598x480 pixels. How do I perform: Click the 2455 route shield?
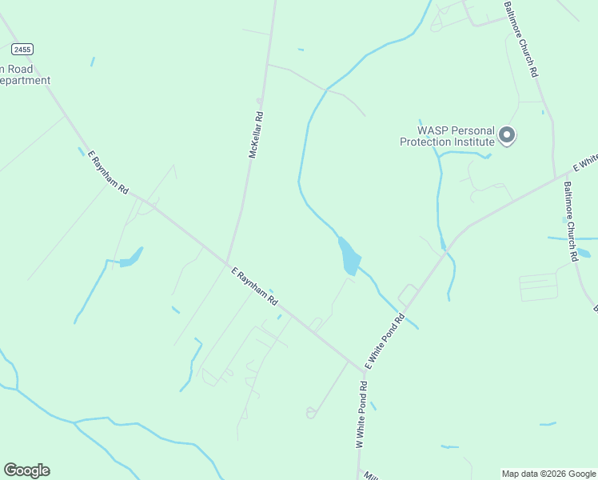23,50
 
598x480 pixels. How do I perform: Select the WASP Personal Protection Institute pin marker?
507,136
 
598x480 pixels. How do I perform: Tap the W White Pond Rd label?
362,414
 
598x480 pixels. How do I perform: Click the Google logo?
26,470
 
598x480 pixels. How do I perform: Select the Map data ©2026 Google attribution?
548,474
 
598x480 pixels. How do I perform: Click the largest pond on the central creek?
349,258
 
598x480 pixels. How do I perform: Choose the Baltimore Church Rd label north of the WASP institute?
520,39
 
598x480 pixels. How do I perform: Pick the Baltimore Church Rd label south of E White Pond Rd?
570,222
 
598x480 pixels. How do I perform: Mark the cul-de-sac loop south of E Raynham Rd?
310,413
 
